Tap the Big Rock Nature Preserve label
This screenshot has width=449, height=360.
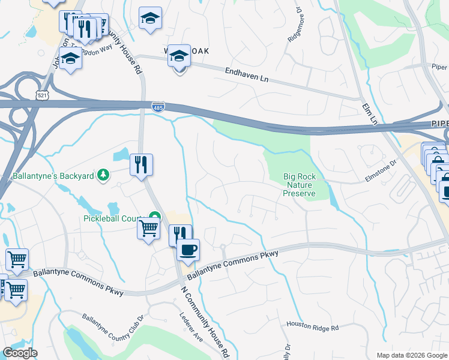[299, 185]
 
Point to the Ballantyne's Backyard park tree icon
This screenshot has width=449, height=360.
[103, 175]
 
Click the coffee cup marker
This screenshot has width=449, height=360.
[188, 250]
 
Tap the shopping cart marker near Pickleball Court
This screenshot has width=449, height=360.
[149, 227]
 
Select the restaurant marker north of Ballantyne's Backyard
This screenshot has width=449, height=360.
[141, 164]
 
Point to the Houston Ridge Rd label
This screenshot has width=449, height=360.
[313, 327]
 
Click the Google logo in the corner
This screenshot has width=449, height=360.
[20, 353]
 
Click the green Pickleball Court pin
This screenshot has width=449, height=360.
[155, 217]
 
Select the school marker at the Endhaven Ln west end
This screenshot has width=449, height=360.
[178, 57]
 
